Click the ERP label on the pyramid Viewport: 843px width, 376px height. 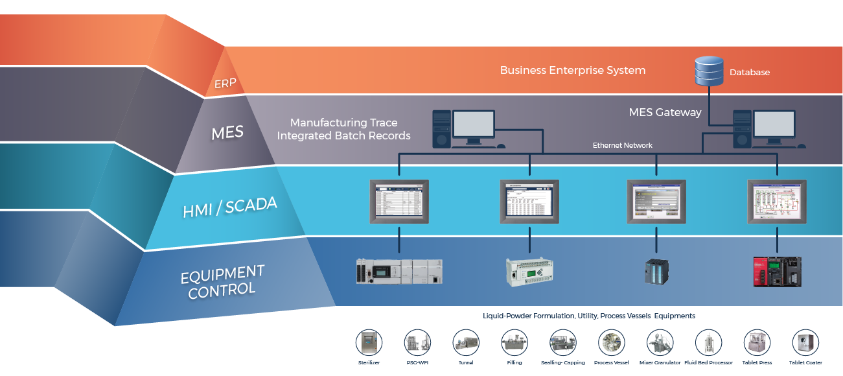click(225, 83)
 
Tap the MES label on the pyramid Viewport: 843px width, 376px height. click(227, 133)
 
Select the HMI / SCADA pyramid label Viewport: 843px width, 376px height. click(230, 207)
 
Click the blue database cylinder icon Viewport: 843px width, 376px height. click(709, 71)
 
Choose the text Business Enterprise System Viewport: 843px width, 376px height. click(572, 70)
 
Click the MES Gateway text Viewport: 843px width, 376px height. click(665, 112)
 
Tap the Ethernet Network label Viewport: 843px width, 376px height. click(622, 145)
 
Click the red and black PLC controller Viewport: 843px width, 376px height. click(777, 271)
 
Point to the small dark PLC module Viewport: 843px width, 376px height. click(656, 271)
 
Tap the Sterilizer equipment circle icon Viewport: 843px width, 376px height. click(369, 342)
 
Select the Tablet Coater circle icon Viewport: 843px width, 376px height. click(805, 342)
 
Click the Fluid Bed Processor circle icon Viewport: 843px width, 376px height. click(708, 342)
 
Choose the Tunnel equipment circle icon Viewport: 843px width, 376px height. click(465, 342)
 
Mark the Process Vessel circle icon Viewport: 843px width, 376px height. click(611, 342)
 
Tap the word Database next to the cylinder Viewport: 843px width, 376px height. click(750, 73)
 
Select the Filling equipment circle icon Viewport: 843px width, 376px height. click(514, 342)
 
